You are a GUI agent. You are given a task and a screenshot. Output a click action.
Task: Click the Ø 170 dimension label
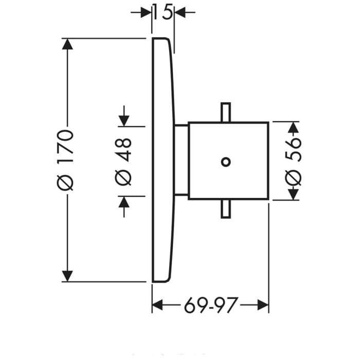coord(66,159)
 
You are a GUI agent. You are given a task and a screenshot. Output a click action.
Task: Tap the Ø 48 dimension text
coord(124,161)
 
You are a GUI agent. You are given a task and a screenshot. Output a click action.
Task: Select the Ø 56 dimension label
coord(293,160)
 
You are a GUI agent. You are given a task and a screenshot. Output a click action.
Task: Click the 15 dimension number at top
coord(163,12)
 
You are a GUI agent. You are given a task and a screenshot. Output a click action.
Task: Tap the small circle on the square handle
coord(225,161)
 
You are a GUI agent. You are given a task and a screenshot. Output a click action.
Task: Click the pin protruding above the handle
coord(225,113)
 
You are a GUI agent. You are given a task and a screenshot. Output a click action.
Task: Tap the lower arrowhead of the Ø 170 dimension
coord(66,275)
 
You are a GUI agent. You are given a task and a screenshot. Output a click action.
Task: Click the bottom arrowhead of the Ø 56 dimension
coord(293,193)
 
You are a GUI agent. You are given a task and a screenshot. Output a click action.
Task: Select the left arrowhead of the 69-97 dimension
coord(158,307)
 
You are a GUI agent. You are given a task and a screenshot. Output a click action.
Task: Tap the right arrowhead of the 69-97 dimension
coord(263,307)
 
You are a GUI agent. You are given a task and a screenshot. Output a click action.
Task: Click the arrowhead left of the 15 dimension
coord(146,12)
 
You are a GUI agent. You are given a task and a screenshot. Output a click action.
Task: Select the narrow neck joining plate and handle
coord(182,160)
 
